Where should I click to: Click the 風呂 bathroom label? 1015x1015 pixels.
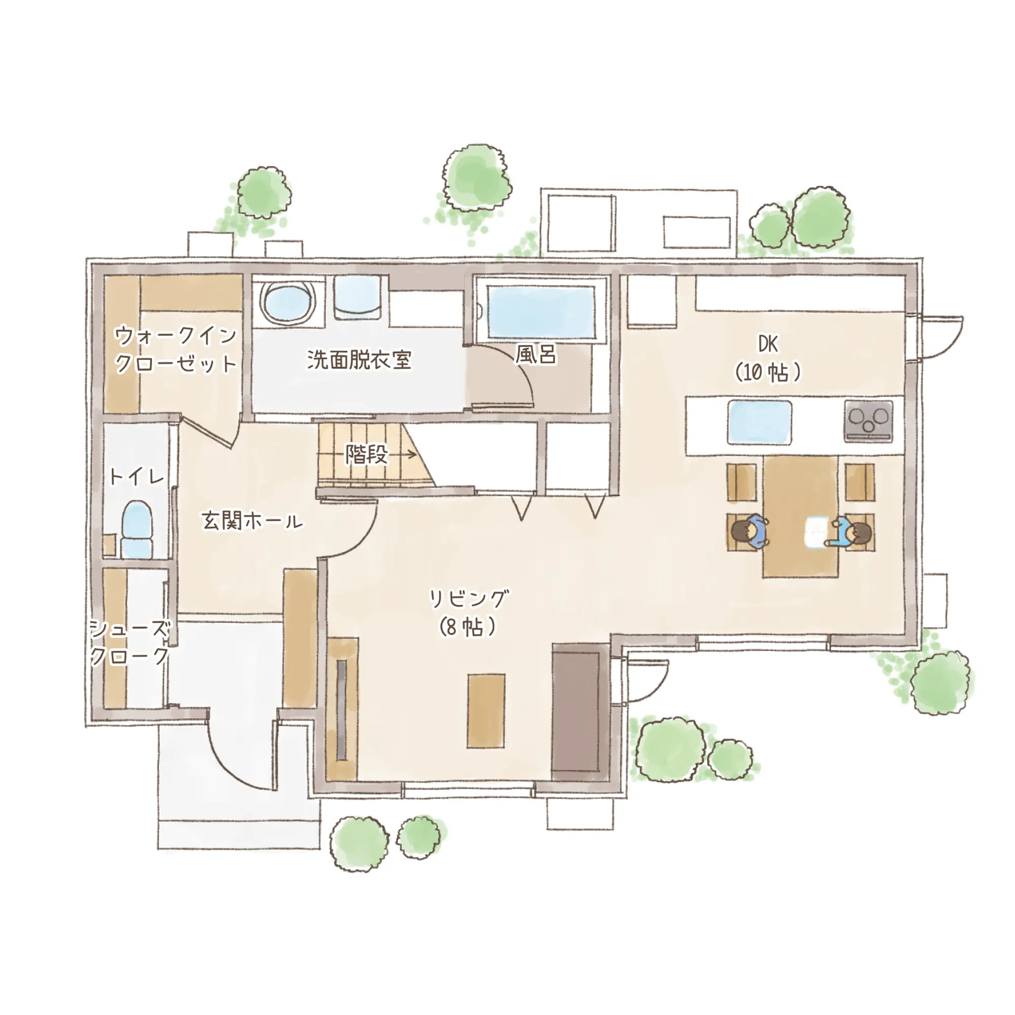pos(535,355)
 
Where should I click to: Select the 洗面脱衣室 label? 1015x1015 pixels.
pos(359,360)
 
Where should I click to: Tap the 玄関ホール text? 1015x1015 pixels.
pos(252,521)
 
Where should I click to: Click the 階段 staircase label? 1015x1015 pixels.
pos(367,454)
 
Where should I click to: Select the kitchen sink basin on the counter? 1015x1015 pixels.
pos(760,422)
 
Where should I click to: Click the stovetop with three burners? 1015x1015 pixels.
pos(868,421)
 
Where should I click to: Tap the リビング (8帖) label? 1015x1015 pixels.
pos(468,613)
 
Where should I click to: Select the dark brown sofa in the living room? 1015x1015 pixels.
pos(577,713)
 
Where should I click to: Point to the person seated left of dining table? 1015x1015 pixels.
pos(750,531)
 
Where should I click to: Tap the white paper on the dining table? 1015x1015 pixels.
pos(816,532)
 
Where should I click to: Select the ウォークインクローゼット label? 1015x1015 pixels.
pos(176,349)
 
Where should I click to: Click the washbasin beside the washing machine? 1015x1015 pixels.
pos(357,297)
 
